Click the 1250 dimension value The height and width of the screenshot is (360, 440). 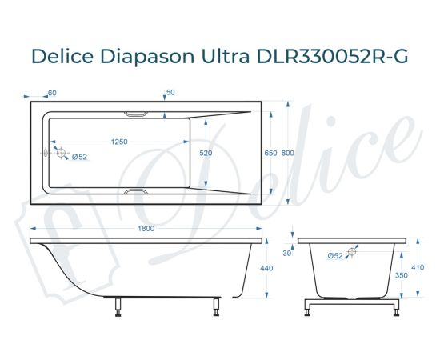click(x=119, y=142)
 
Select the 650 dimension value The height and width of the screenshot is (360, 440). click(x=270, y=153)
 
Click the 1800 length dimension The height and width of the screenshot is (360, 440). click(x=146, y=230)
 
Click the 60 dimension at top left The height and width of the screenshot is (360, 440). click(x=52, y=94)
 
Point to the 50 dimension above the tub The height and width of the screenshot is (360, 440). click(x=170, y=94)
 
